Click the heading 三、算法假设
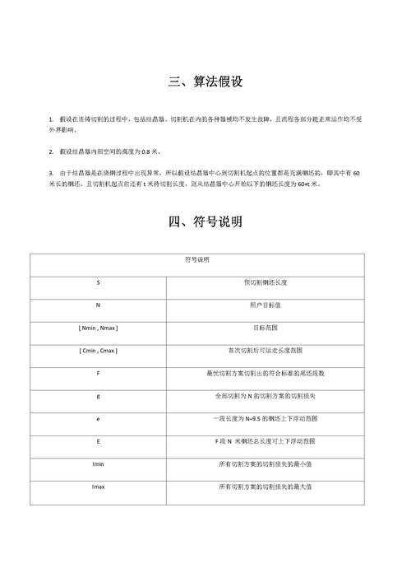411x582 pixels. (205, 82)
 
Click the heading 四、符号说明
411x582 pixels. (205, 222)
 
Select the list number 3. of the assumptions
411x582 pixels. (51, 175)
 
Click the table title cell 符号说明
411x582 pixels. (197, 260)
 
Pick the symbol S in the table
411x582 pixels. (98, 282)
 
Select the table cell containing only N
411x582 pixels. (98, 305)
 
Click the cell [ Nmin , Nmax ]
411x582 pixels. (98, 328)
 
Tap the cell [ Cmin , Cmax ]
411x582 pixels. (98, 351)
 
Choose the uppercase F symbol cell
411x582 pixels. (98, 373)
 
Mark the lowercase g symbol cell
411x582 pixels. (98, 396)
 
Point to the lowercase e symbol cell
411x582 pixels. (98, 419)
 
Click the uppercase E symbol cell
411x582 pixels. (98, 441)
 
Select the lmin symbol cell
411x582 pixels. (98, 464)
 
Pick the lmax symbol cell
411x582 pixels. (98, 487)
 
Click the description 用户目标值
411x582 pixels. (265, 305)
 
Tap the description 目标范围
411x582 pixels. (265, 328)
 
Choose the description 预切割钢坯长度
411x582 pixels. (265, 282)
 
